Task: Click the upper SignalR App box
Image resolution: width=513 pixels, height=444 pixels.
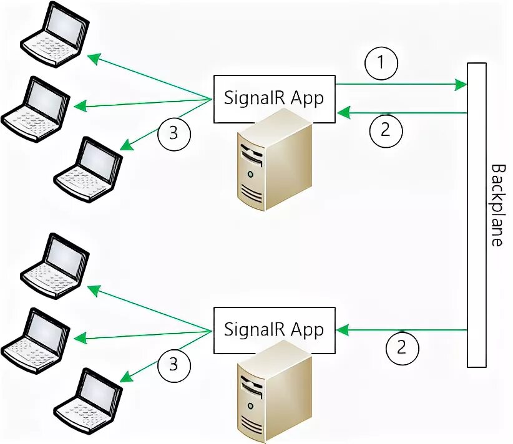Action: [x=274, y=99]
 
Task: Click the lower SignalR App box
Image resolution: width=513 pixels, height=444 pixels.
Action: [x=274, y=330]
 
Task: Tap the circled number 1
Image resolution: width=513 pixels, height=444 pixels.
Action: [x=381, y=63]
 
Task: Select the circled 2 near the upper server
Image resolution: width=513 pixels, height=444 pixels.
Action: [x=386, y=130]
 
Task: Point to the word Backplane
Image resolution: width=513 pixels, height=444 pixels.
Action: [x=497, y=205]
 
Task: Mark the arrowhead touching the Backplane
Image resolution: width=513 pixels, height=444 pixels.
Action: [x=462, y=84]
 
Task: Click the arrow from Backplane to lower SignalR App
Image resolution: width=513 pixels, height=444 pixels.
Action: [x=403, y=329]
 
